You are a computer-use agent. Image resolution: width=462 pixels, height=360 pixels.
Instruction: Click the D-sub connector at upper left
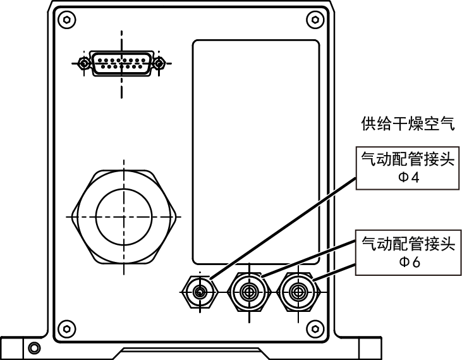[x=120, y=63]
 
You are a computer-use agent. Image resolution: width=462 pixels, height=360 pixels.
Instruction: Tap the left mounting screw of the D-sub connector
[x=83, y=63]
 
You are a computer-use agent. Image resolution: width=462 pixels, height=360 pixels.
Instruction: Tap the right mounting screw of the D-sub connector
[x=160, y=63]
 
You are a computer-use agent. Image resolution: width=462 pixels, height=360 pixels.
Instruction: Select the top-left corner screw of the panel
[x=63, y=18]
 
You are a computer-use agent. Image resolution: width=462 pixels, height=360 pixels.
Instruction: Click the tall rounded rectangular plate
[x=255, y=152]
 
